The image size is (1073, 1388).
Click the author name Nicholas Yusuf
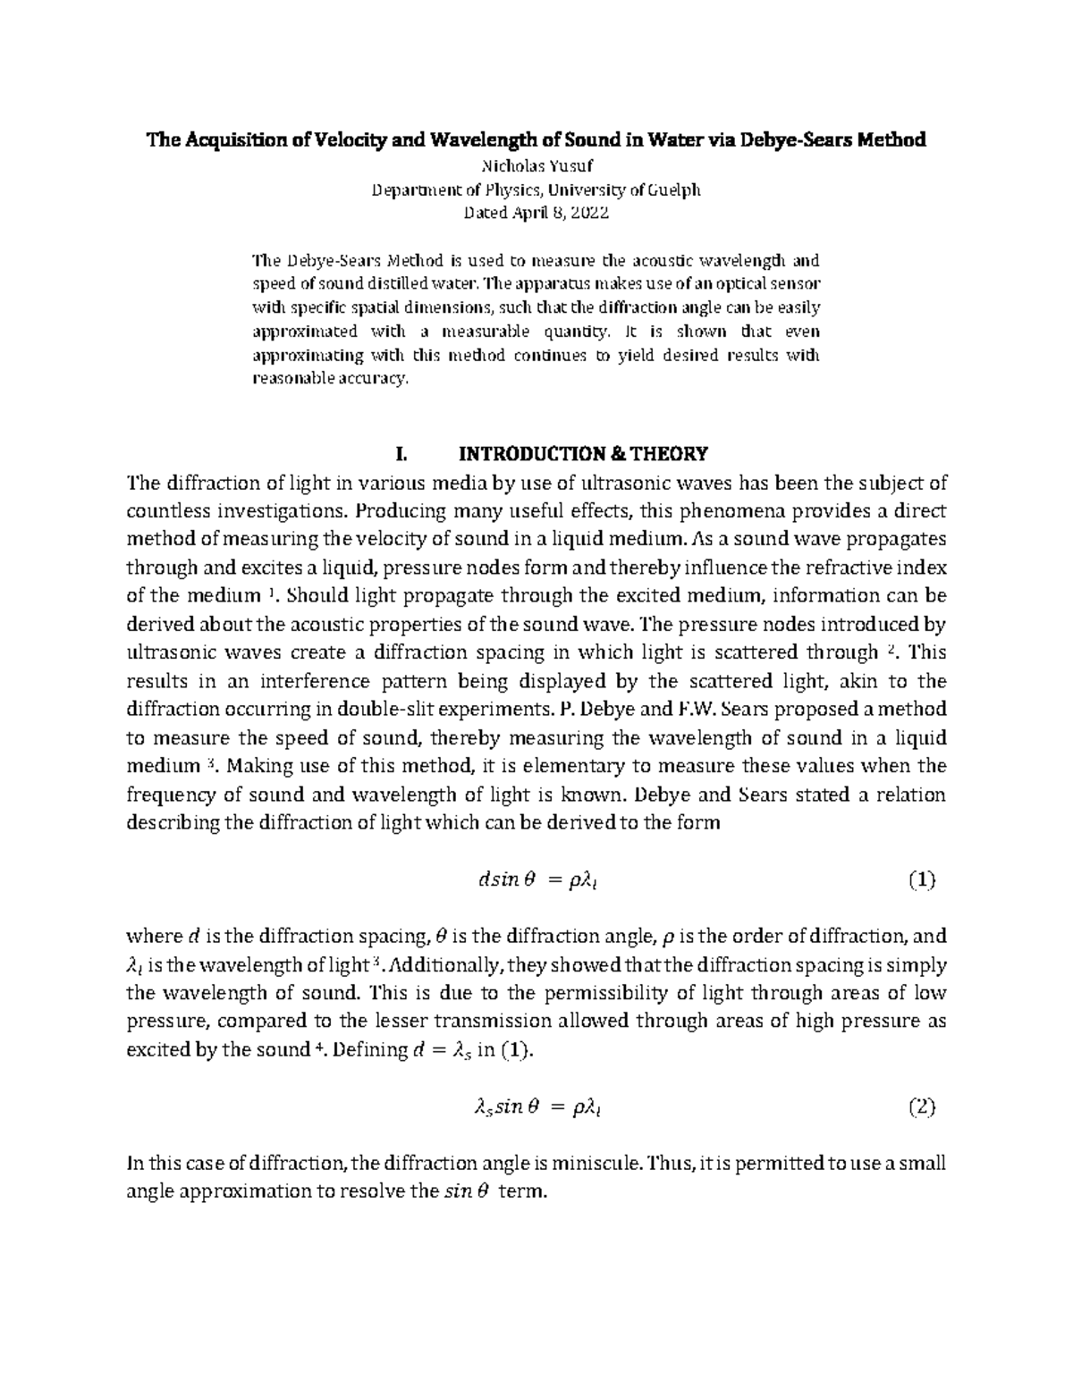(x=536, y=165)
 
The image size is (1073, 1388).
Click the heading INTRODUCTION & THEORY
(x=583, y=454)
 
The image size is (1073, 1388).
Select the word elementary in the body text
(x=554, y=766)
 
